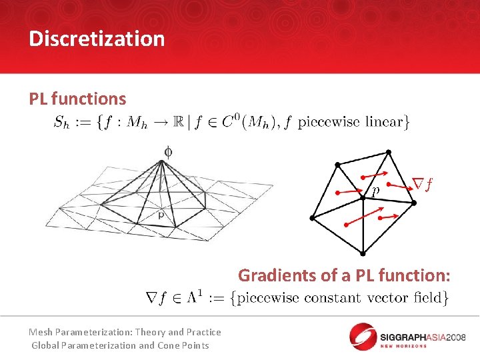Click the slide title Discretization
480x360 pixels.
[97, 39]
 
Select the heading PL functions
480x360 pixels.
[77, 99]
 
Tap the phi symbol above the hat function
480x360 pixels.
[167, 152]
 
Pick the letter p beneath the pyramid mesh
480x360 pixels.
[161, 215]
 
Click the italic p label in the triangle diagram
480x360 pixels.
[376, 191]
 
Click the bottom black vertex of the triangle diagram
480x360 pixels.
[362, 253]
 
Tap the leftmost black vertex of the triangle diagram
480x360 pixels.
[312, 219]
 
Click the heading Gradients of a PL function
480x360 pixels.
[344, 275]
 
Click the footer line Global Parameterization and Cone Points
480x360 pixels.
[120, 345]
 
